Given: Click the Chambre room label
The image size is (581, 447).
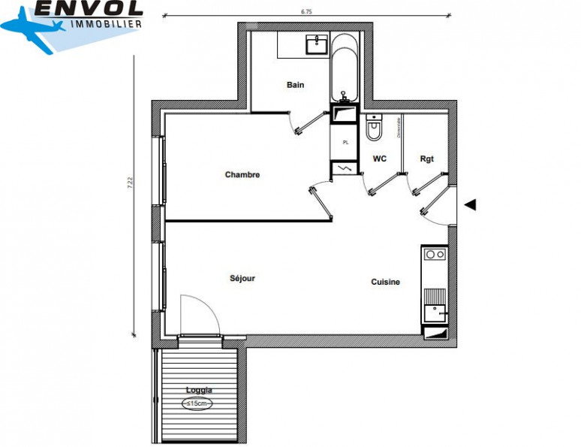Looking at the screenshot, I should tap(242, 175).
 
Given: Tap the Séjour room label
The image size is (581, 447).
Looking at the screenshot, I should tap(242, 279).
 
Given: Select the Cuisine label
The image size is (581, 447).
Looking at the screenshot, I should tap(385, 282).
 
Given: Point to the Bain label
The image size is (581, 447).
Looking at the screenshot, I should tap(295, 85).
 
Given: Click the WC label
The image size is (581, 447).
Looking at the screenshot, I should tap(379, 159).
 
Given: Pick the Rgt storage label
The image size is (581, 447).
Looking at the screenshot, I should tap(426, 159).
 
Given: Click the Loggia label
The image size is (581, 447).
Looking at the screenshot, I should tap(199, 390).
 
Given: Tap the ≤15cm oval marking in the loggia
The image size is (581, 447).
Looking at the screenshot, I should tap(199, 403).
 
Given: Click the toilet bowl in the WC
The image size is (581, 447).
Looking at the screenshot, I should tap(374, 128).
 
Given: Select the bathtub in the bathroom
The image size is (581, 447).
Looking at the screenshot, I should tap(345, 68).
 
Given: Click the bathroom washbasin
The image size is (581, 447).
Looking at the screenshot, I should tap(316, 44).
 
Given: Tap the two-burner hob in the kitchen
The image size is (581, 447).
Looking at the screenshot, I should tap(434, 255).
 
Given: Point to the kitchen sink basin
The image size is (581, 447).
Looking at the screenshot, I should tap(433, 311).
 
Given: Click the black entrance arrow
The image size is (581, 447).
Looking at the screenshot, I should tap(471, 204).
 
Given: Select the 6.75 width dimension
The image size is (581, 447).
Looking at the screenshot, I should tap(306, 11).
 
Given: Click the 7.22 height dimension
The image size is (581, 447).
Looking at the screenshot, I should tap(130, 183).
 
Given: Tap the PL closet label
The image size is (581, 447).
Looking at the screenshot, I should tap(345, 142).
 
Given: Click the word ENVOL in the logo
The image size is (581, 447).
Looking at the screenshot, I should tap(89, 8).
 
